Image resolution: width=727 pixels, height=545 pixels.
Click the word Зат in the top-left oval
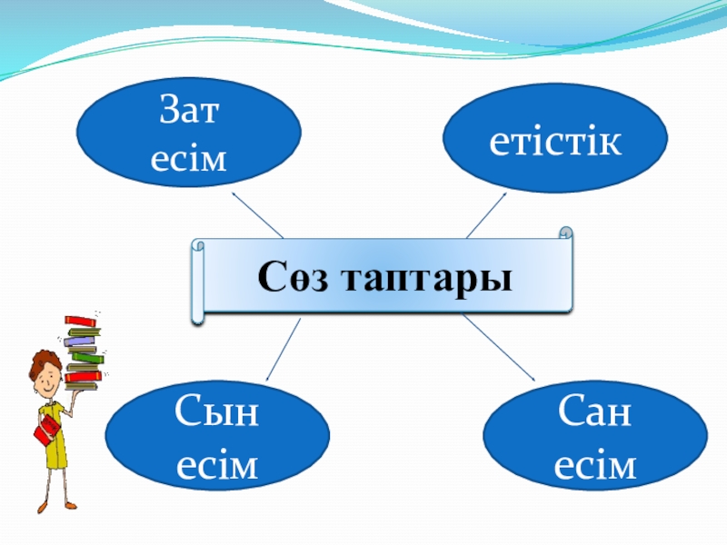click(x=190, y=115)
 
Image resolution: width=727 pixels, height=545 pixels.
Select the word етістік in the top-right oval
click(x=555, y=142)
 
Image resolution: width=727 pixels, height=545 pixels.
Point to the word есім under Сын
click(x=217, y=466)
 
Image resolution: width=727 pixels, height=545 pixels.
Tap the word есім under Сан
click(x=594, y=466)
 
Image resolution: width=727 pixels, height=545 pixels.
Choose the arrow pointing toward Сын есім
click(x=283, y=350)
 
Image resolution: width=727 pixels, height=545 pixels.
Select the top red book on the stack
click(x=80, y=321)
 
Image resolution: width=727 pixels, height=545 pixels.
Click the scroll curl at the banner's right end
click(x=566, y=234)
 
